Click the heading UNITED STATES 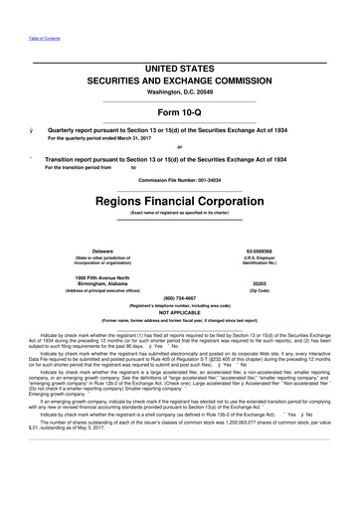pos(179,65)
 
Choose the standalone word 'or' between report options pos(179,147)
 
